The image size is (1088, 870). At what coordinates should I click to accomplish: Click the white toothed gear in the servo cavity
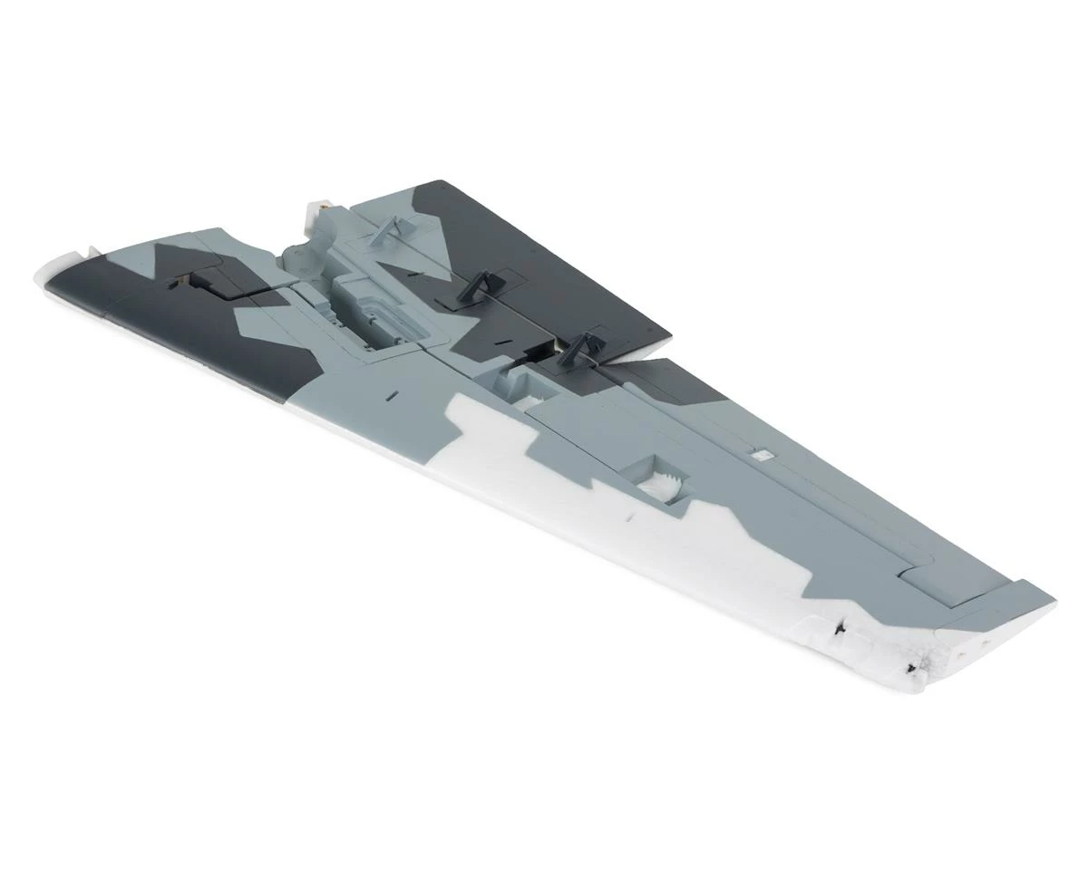click(x=667, y=488)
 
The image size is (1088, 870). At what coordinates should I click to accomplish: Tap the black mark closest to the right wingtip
click(x=910, y=669)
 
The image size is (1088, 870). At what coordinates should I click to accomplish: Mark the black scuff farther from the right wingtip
click(x=838, y=625)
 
